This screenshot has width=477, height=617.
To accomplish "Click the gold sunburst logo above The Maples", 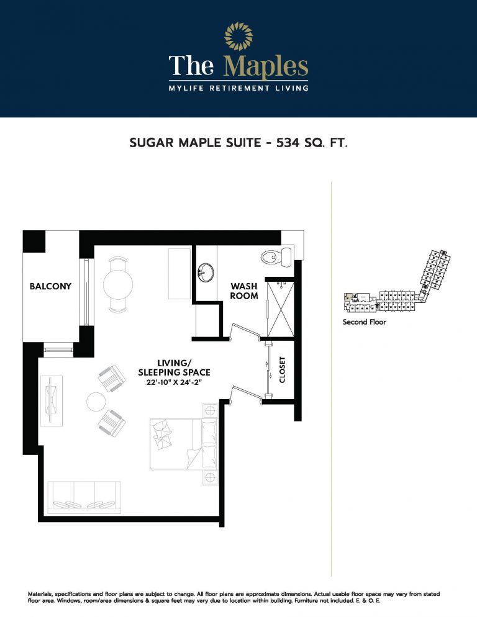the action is point(238,37).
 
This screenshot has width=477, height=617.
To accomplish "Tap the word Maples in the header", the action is point(265,66).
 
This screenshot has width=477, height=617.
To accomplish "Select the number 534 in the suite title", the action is point(288,142).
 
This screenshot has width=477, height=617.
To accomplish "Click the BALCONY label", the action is point(50,286).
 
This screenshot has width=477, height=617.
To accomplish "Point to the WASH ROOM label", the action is point(244,290).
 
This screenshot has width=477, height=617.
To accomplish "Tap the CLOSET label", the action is point(282,370).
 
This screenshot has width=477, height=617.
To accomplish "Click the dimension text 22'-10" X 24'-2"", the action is point(174,382).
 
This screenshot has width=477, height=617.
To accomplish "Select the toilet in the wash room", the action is point(276,256).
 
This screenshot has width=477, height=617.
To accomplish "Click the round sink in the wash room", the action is point(206,272).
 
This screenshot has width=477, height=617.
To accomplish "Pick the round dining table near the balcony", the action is point(118,284).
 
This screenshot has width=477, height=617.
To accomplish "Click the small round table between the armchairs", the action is point(96,402).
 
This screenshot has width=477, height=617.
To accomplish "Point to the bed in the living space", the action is point(183,444).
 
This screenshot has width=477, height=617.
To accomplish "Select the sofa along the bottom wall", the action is point(84,497).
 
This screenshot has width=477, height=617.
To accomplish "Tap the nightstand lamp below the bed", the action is point(210,478).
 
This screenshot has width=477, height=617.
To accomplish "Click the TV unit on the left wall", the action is point(51,401).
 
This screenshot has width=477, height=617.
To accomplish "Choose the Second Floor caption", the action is point(365,322).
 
